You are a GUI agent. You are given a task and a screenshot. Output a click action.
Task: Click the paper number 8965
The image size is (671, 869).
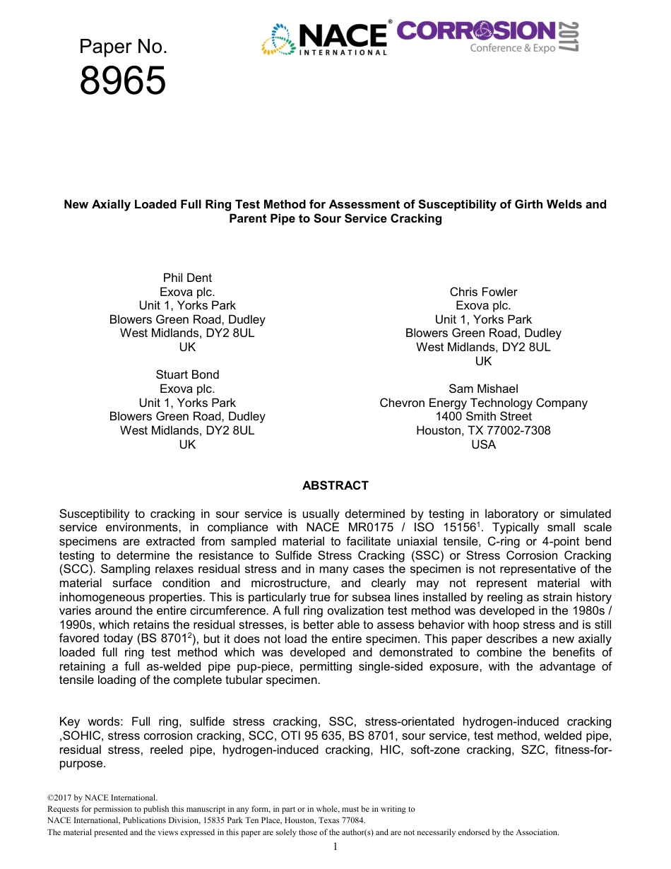click(x=123, y=81)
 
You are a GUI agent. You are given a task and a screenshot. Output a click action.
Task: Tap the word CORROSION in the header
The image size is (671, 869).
click(x=476, y=30)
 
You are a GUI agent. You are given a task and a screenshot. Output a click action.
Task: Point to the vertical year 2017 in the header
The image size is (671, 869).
click(x=569, y=37)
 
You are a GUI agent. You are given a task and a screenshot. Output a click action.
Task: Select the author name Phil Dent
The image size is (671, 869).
click(x=187, y=278)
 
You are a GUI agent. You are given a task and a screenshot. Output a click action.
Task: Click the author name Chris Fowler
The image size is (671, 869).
click(x=483, y=292)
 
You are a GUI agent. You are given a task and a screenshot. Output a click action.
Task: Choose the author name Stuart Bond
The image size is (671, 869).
click(x=187, y=374)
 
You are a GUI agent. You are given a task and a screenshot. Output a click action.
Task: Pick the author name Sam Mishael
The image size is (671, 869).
click(x=483, y=389)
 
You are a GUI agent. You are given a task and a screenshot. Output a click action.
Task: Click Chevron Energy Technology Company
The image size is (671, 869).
click(x=483, y=403)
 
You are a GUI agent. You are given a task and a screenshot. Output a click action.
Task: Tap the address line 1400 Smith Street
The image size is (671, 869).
click(x=483, y=416)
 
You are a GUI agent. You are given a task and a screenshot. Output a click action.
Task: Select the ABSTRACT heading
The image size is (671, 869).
click(x=335, y=485)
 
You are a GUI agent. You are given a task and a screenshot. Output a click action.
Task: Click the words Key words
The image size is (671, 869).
click(x=84, y=721)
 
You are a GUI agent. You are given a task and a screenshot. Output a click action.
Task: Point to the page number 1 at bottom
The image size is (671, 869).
click(x=335, y=846)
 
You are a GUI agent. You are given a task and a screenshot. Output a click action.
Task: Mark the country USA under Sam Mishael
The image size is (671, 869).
click(x=483, y=444)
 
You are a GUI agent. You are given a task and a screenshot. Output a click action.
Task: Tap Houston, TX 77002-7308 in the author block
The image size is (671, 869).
click(x=483, y=430)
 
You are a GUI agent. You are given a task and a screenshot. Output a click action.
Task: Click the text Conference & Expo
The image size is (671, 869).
click(x=513, y=48)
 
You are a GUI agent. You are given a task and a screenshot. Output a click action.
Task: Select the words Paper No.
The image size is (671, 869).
click(x=123, y=47)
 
